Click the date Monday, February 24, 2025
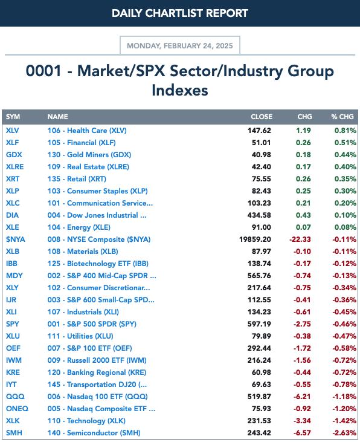[x=180, y=46]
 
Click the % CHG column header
[x=342, y=117]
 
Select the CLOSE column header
[x=262, y=117]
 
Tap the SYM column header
[x=13, y=117]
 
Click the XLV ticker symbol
[x=13, y=131]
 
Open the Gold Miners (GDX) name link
[x=89, y=155]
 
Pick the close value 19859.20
[x=255, y=239]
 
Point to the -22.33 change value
[x=300, y=239]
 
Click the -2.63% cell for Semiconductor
[x=344, y=433]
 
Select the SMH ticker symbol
[x=14, y=433]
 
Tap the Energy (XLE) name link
[x=79, y=227]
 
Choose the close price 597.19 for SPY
[x=259, y=324]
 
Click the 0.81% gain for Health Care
[x=346, y=131]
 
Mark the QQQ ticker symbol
[x=15, y=396]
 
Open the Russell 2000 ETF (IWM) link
[x=97, y=360]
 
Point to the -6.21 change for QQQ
[x=302, y=396]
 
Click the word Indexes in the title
[x=180, y=90]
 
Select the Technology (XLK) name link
[x=86, y=421]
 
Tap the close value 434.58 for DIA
[x=259, y=215]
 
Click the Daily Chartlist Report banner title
[x=180, y=13]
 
